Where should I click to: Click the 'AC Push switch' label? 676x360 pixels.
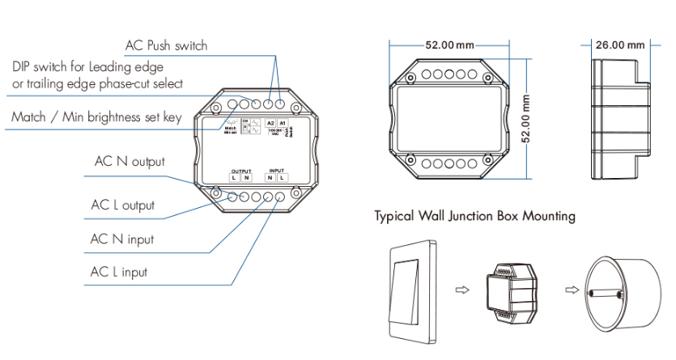(166, 45)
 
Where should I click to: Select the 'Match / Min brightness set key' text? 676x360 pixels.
(96, 117)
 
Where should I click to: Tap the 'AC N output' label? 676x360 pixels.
(130, 162)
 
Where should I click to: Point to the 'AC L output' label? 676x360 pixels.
(122, 205)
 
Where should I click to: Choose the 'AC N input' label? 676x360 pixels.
(121, 239)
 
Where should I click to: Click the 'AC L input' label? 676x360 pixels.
(118, 272)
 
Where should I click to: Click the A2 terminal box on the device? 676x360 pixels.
(271, 123)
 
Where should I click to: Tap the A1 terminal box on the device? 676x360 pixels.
(283, 123)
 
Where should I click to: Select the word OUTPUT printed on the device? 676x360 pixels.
(241, 172)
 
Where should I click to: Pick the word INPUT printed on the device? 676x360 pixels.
(276, 172)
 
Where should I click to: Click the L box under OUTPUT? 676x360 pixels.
(234, 179)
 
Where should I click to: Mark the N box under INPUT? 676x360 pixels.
(270, 179)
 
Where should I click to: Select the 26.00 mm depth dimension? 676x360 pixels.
(620, 44)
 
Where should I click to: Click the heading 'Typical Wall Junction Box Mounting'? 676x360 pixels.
(474, 216)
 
